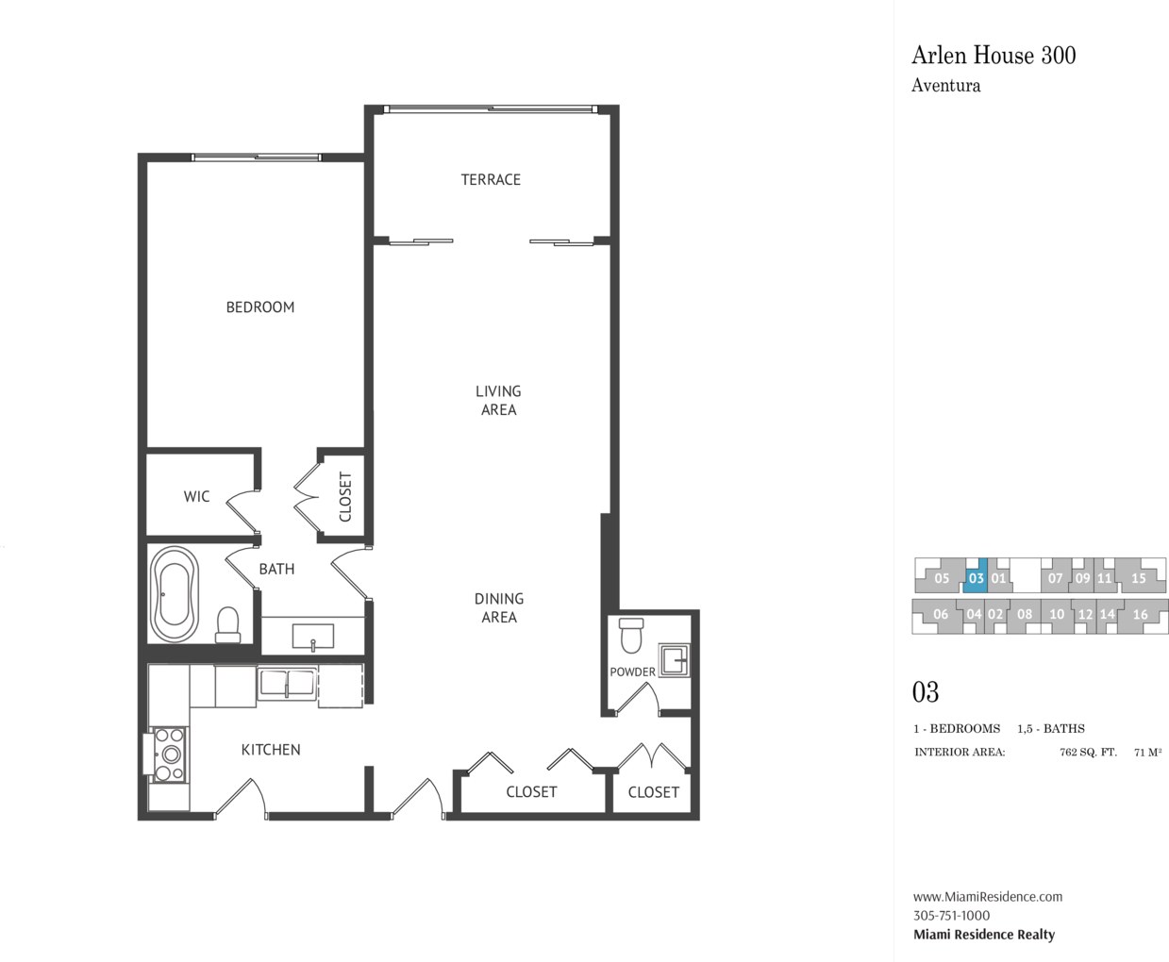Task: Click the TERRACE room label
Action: coord(491,179)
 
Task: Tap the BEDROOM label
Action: coord(260,307)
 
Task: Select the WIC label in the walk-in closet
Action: coord(197,496)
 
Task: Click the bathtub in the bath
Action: coord(175,593)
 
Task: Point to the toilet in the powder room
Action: coord(631,635)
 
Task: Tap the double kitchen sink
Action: coord(287,684)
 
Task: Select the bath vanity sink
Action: coord(312,637)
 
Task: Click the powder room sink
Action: coord(674,660)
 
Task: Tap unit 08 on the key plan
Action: coord(1025,615)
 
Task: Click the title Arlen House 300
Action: coord(994,56)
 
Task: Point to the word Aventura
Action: coord(946,86)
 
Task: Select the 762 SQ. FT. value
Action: coord(1088,752)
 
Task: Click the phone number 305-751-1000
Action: coord(952,916)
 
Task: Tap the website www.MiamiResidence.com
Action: coord(988,897)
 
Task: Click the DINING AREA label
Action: coord(499,608)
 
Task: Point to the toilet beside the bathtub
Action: coord(227,625)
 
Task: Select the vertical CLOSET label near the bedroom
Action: coord(345,496)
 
